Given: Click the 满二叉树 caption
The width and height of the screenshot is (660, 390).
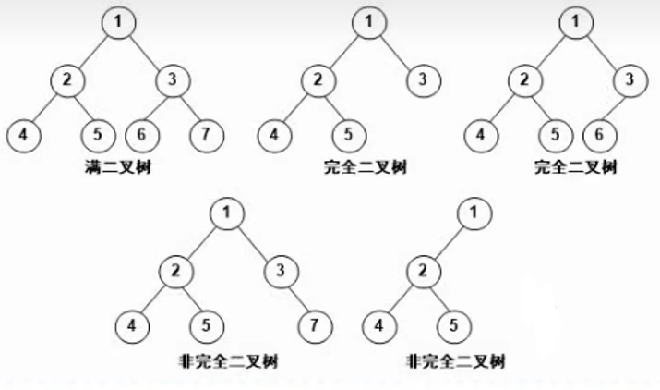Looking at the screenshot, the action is tap(118, 167).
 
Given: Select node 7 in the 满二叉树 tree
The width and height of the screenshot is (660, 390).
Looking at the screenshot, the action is tap(207, 135).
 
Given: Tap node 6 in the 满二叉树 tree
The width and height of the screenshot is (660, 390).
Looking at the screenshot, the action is tap(143, 135).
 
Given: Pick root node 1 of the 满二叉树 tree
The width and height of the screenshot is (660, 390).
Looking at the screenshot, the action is tap(119, 22).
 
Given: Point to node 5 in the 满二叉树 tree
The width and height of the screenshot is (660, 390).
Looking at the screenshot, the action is tap(98, 135).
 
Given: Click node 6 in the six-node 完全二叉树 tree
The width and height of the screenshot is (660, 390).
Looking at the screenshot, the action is tap(600, 135).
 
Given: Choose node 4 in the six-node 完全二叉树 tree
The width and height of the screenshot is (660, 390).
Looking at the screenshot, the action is tap(482, 135).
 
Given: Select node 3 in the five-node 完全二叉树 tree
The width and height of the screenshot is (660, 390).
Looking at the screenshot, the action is tap(424, 80).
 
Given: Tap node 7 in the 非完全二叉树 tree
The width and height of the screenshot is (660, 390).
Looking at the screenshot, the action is tap(316, 326).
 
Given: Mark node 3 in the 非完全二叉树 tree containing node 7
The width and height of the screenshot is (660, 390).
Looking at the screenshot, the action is tap(282, 271).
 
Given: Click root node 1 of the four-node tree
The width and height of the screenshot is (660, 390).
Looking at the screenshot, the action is tap(474, 213).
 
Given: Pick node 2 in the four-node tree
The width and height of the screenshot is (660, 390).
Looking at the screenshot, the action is tap(424, 271).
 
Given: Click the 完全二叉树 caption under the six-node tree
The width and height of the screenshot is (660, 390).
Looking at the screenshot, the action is tap(576, 167).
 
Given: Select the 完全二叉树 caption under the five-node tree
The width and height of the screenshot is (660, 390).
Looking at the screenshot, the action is tap(366, 167).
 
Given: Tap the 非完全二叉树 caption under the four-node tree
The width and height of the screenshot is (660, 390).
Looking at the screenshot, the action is tap(455, 361).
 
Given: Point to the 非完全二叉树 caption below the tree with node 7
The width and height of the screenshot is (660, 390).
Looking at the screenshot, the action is tap(228, 361).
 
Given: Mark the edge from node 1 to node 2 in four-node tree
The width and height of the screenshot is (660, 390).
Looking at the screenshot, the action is tap(449, 242).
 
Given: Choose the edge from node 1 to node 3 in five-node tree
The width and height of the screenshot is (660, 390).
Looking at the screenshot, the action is tap(397, 52).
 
